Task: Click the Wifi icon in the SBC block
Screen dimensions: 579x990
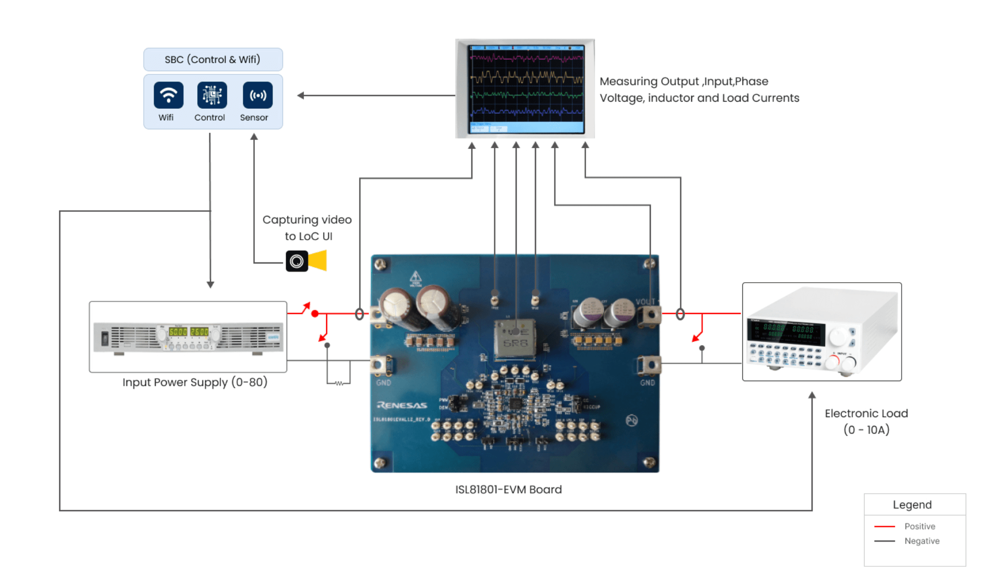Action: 168,95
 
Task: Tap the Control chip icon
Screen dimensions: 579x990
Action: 212,95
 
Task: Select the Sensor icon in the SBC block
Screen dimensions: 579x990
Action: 257,95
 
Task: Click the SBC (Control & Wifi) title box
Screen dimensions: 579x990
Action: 213,60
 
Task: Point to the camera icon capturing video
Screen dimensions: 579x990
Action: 297,261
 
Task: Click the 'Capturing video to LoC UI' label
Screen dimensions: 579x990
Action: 307,228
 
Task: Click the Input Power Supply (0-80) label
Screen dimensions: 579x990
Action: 195,382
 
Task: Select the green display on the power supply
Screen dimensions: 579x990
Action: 188,332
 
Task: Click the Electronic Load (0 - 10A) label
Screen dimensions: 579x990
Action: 866,421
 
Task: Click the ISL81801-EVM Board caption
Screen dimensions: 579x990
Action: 508,489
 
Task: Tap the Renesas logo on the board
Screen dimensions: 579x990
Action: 402,405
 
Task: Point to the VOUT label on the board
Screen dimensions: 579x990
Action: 645,302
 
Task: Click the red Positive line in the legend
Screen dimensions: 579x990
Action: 884,526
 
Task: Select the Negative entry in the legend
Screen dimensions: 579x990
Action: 922,541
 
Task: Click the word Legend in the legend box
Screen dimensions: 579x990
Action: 912,505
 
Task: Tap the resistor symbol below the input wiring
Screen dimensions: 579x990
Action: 339,383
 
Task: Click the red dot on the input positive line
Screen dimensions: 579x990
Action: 315,314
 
